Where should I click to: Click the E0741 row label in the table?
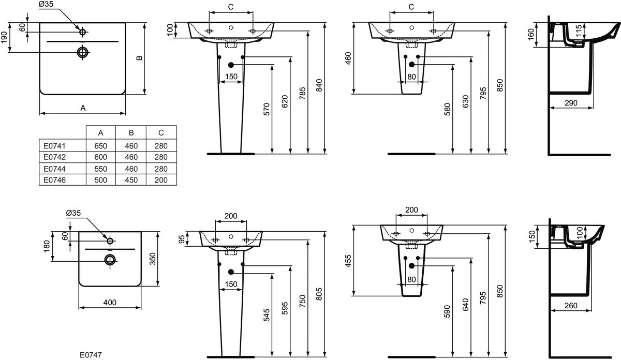(54, 146)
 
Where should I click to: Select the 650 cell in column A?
(100, 146)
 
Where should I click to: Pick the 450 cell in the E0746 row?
(131, 180)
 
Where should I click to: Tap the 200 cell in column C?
(161, 180)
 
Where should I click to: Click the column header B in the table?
(131, 133)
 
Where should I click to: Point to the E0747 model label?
(91, 355)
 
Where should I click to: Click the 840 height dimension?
(319, 85)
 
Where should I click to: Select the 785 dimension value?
(302, 93)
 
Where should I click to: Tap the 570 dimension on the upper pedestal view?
(267, 109)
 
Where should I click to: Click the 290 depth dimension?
(571, 103)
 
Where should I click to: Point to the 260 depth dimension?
(571, 305)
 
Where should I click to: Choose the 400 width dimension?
(110, 303)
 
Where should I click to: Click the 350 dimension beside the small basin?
(153, 259)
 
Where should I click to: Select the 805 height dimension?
(319, 294)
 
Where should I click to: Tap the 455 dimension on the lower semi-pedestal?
(348, 261)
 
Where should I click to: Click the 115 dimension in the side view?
(579, 30)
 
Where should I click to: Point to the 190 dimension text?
(4, 37)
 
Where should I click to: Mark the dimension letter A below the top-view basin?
(83, 108)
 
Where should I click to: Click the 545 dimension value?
(267, 315)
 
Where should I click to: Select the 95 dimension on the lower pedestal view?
(181, 239)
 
